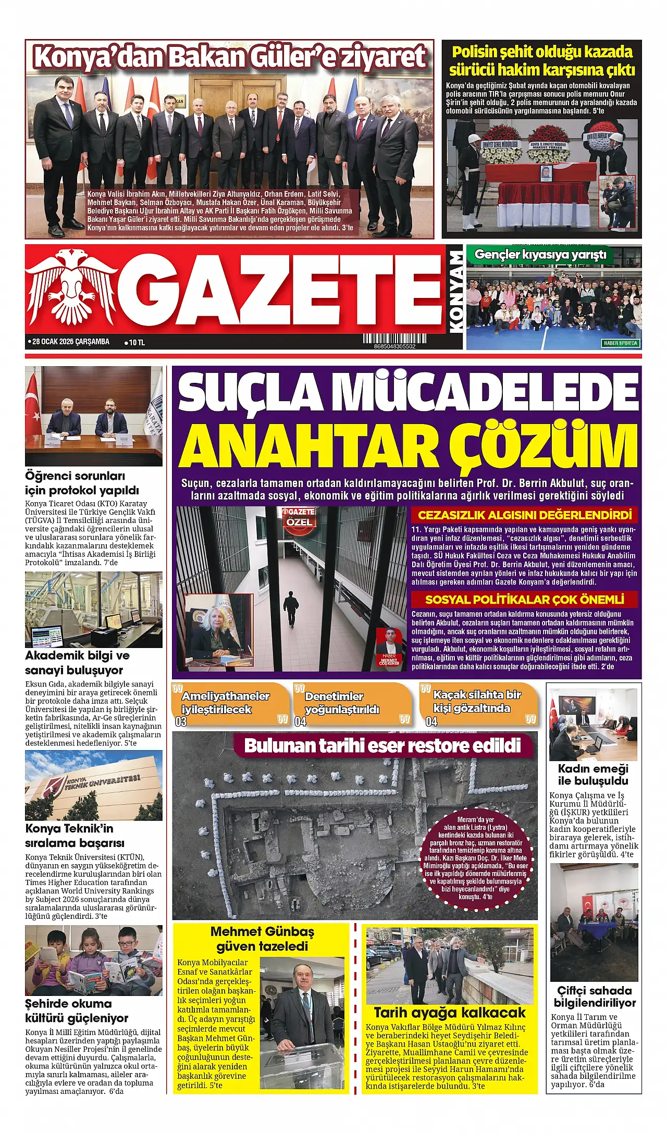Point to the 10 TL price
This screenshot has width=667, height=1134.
click(x=137, y=342)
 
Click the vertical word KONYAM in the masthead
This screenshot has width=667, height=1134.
click(x=455, y=292)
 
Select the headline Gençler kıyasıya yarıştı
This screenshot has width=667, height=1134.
click(x=540, y=255)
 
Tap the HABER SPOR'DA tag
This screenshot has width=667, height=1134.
click(x=621, y=343)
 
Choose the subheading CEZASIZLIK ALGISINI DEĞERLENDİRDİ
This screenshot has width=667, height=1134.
click(x=524, y=515)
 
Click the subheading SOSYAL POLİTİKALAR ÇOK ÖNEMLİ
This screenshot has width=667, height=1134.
click(x=524, y=599)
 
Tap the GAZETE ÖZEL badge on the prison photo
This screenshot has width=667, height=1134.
click(x=299, y=518)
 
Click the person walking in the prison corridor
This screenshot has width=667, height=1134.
click(x=291, y=607)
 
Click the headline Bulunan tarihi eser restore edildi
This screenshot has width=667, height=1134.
click(x=382, y=745)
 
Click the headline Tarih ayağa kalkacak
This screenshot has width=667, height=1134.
click(x=450, y=1013)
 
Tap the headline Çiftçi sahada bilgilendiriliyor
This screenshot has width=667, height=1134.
click(x=594, y=996)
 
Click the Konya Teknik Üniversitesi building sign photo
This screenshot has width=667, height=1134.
click(x=94, y=786)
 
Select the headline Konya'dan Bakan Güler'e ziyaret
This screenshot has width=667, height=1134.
click(x=229, y=57)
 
